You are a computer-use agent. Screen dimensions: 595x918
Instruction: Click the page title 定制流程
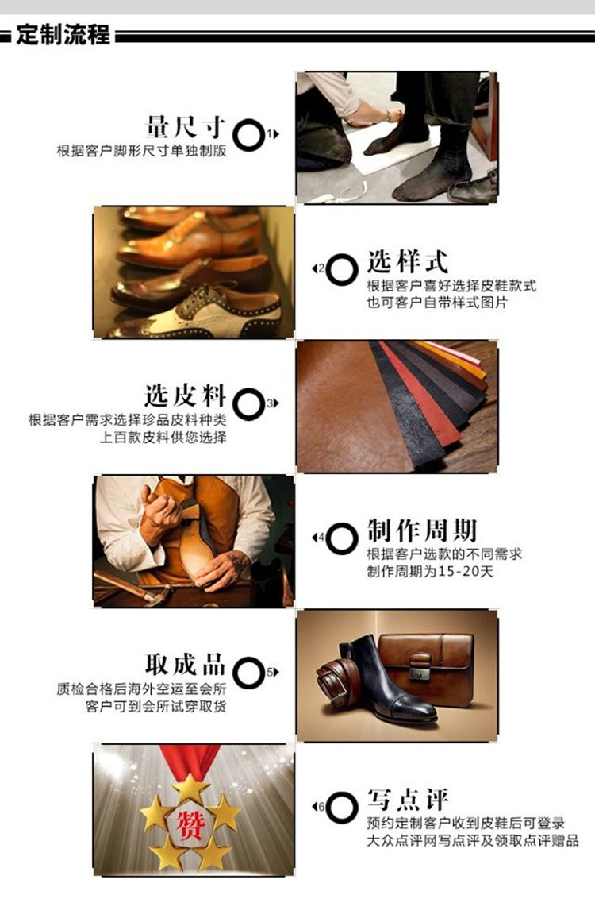click(63, 34)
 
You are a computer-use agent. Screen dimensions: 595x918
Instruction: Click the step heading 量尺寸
click(186, 126)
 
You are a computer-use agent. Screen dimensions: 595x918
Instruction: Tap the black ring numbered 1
click(248, 135)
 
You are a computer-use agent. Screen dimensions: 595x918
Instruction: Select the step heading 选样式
click(407, 261)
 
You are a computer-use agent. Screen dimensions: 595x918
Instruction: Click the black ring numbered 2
click(342, 269)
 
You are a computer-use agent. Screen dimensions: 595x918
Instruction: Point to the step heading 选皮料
click(186, 395)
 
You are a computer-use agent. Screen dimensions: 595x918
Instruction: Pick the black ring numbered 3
click(248, 404)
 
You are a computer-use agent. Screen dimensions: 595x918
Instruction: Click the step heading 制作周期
click(421, 530)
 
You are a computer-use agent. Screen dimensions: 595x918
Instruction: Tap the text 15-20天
click(466, 571)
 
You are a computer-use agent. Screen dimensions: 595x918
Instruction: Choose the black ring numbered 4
click(342, 538)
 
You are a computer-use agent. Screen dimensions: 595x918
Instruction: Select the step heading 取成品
click(186, 665)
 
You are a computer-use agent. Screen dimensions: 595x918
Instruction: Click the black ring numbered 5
click(248, 673)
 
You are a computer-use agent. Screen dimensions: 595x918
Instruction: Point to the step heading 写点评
click(407, 799)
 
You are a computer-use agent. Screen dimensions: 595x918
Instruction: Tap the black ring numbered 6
click(342, 807)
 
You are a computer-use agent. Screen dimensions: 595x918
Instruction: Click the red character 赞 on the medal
click(190, 825)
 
